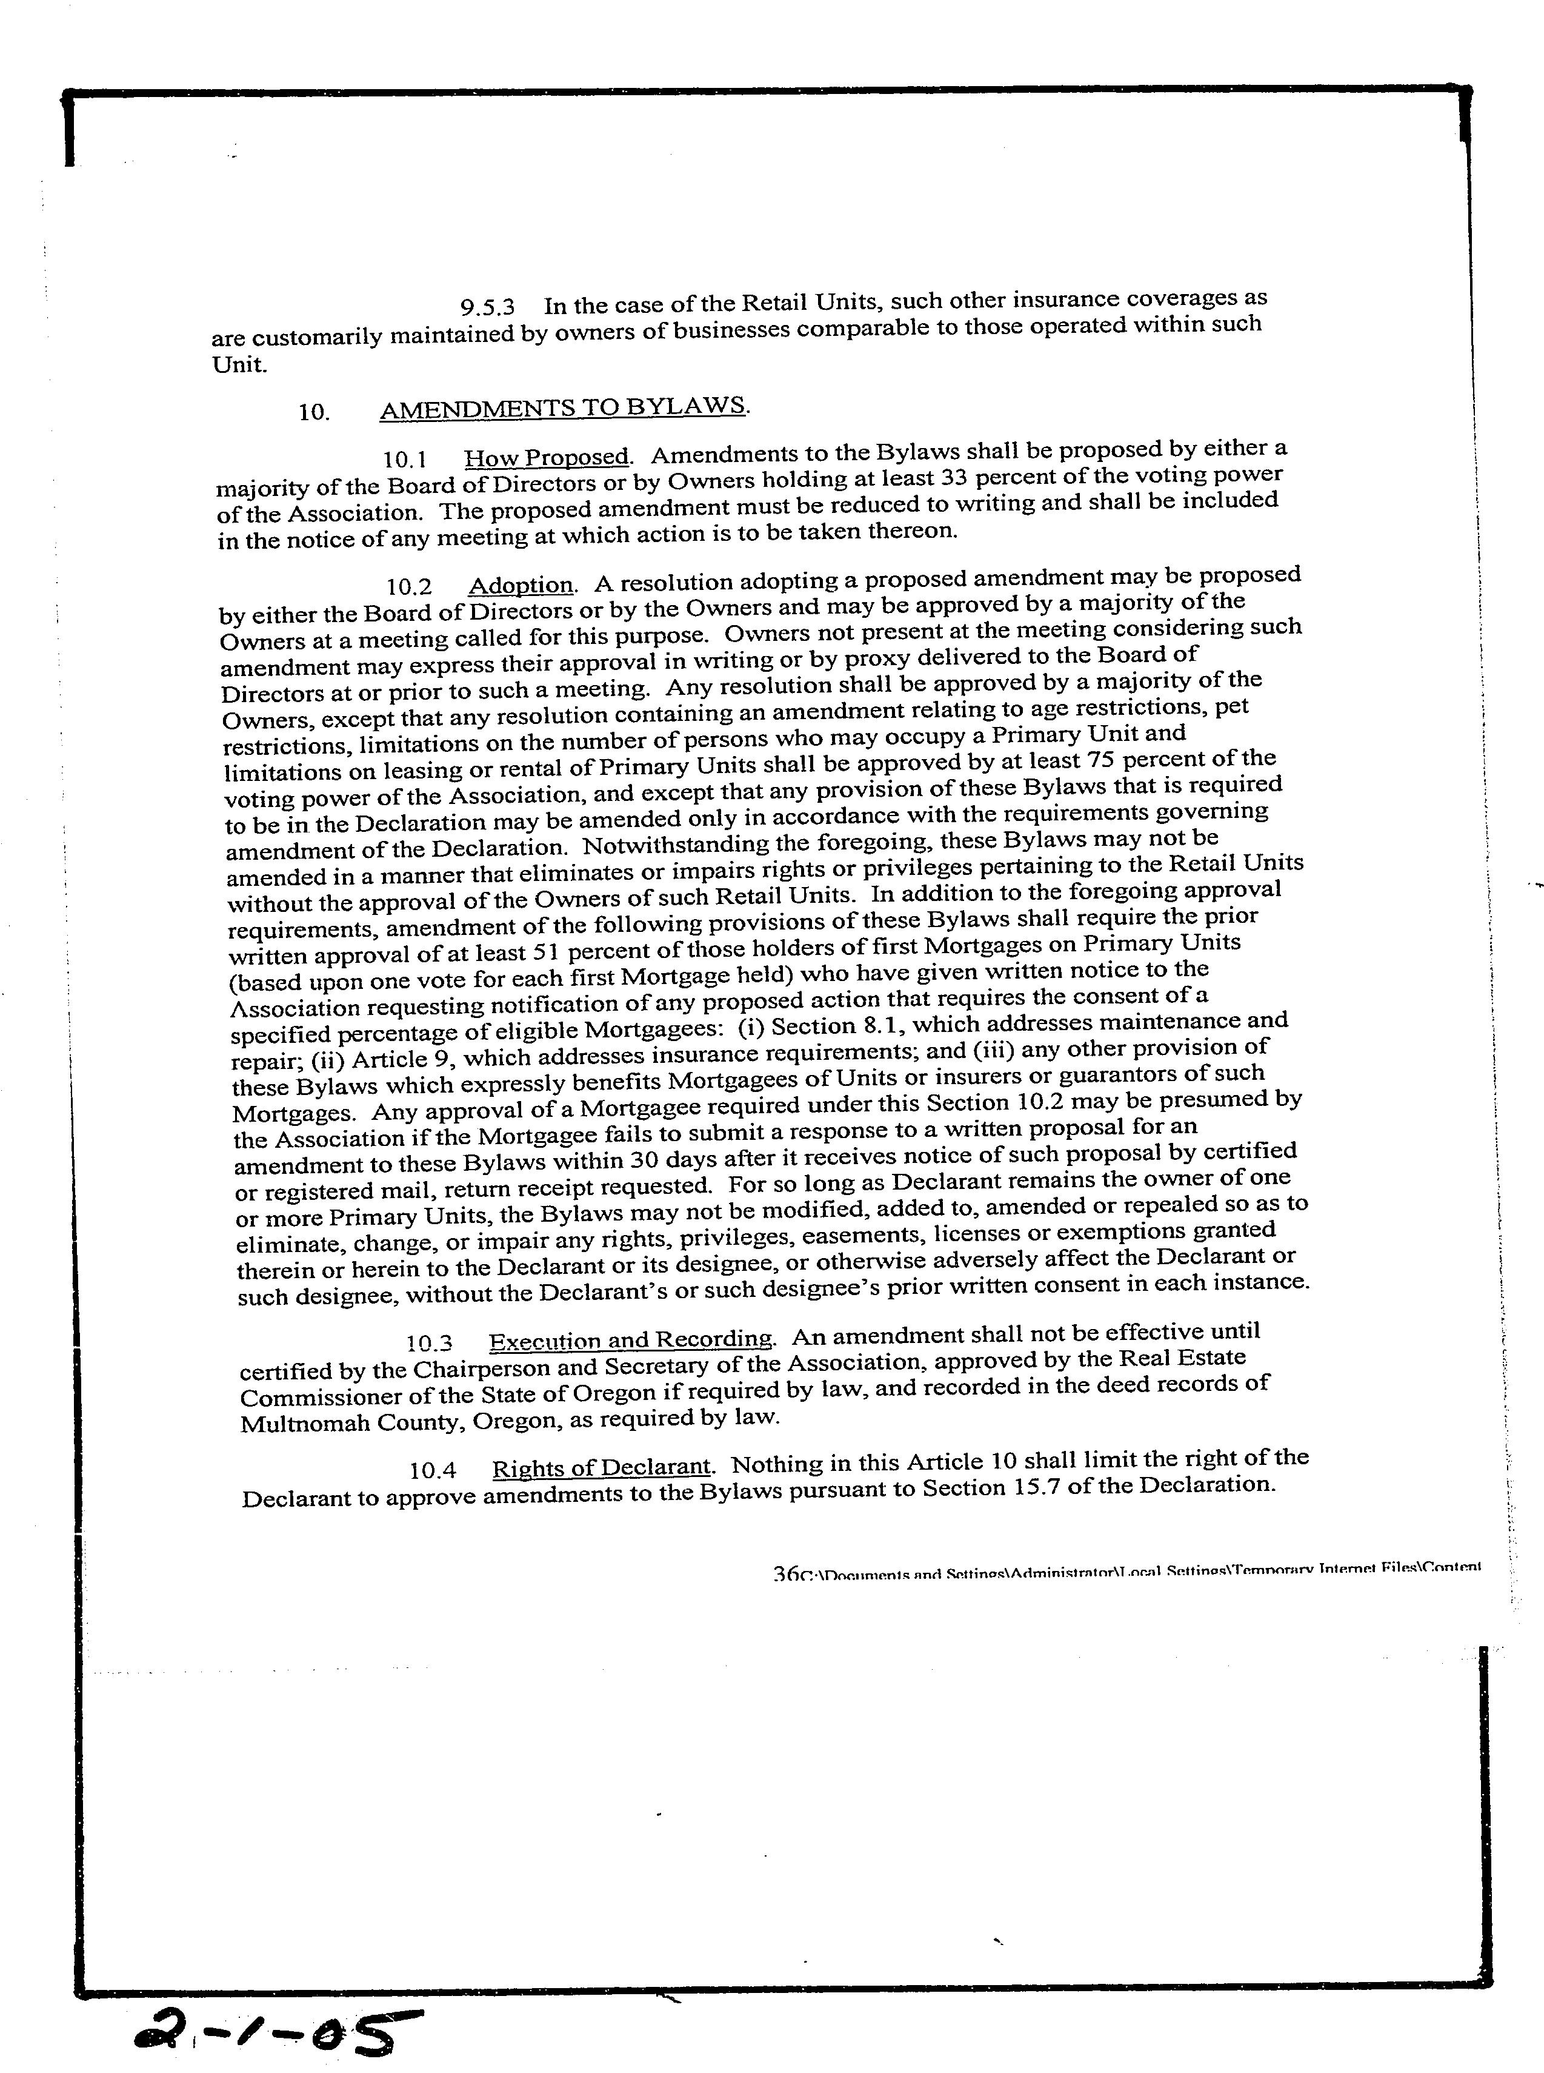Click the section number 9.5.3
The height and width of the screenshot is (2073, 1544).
click(487, 307)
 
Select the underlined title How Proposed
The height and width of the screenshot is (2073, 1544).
click(547, 457)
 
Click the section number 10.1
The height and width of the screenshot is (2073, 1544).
click(405, 460)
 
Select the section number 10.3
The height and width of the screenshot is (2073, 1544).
click(429, 1344)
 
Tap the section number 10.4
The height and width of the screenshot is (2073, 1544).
click(433, 1471)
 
